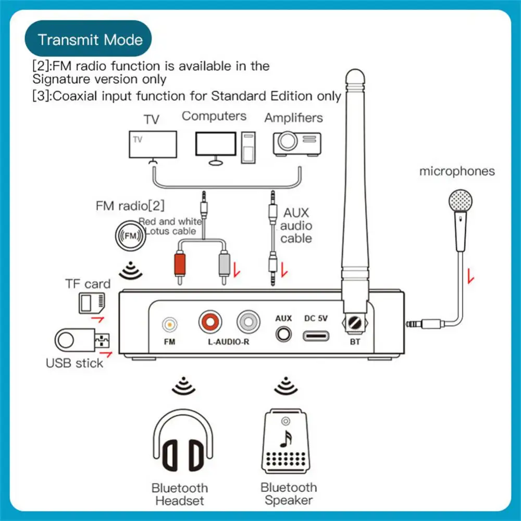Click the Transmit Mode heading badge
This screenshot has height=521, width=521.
[90, 39]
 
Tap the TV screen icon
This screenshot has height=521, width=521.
[152, 145]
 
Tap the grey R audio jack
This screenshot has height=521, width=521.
[247, 322]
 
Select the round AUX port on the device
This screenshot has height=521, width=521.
[283, 333]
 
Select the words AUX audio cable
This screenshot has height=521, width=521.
[296, 226]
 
